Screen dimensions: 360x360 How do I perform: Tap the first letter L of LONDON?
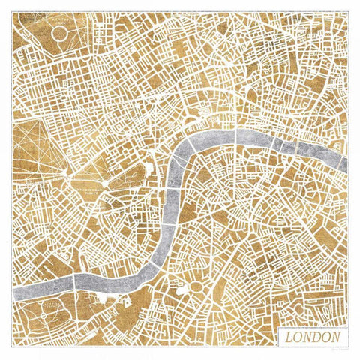[x=289, y=337]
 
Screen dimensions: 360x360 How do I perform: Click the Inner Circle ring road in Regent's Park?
[x=60, y=34]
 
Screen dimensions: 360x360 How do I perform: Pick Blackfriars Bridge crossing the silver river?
[x=235, y=135]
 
